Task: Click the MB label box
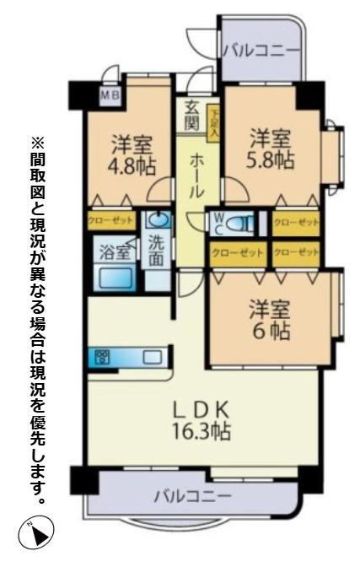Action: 110,95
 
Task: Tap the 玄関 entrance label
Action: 193,116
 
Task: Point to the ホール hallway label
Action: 196,174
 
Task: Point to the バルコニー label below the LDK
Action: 191,495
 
